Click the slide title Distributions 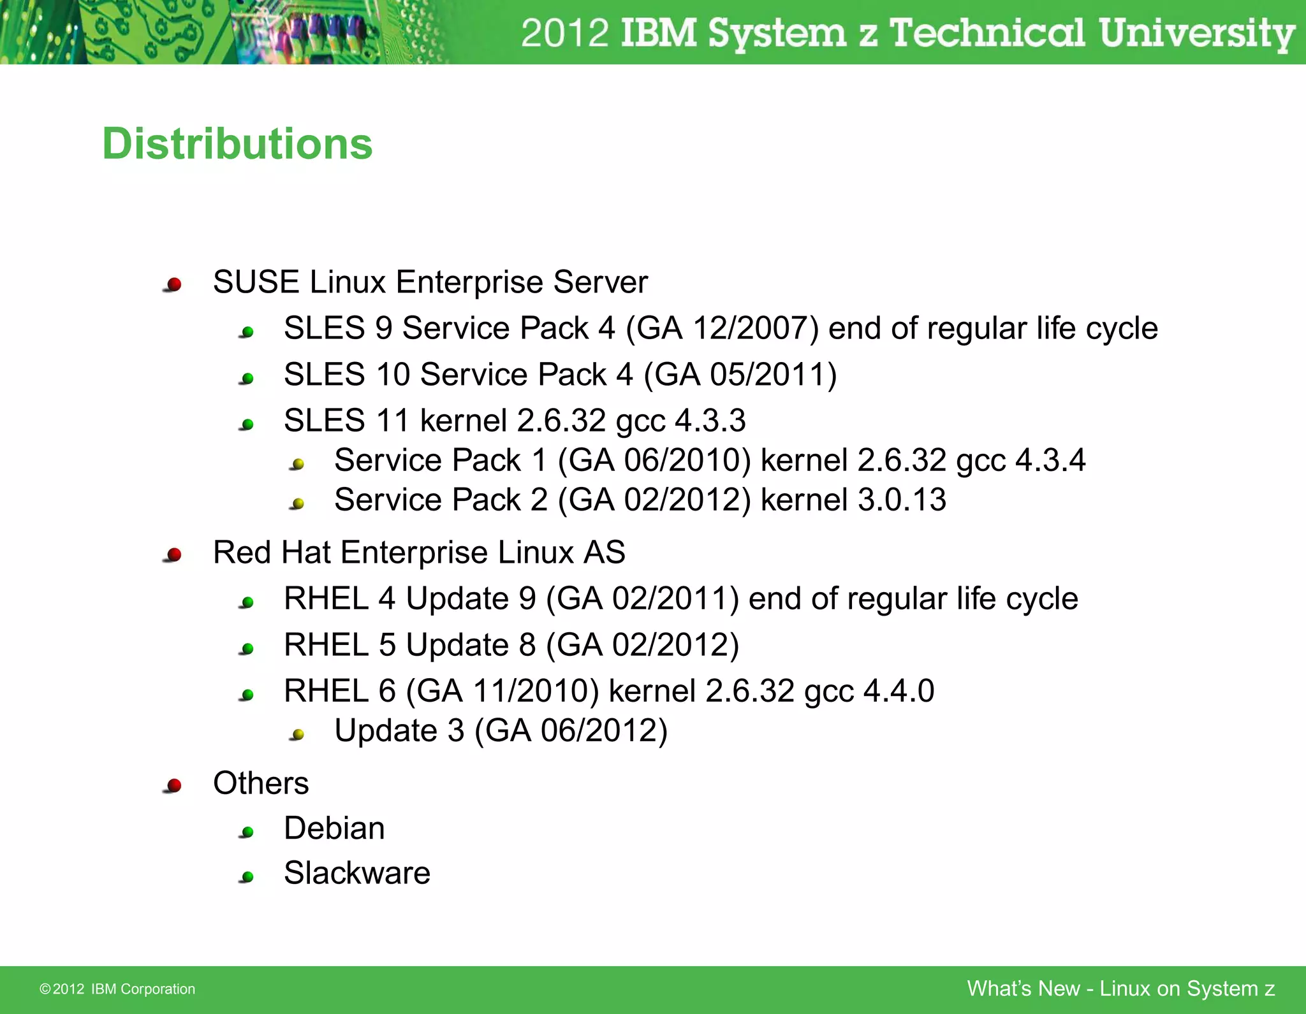(237, 144)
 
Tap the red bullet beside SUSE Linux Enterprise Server (173, 284)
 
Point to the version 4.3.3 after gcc (710, 421)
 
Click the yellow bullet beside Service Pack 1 (298, 464)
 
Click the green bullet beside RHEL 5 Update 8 (248, 649)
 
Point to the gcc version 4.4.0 (899, 692)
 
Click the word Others (261, 783)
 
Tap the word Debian (334, 829)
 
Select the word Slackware (357, 874)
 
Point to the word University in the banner (1196, 33)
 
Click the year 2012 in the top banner (564, 33)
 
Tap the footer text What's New (1023, 989)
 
